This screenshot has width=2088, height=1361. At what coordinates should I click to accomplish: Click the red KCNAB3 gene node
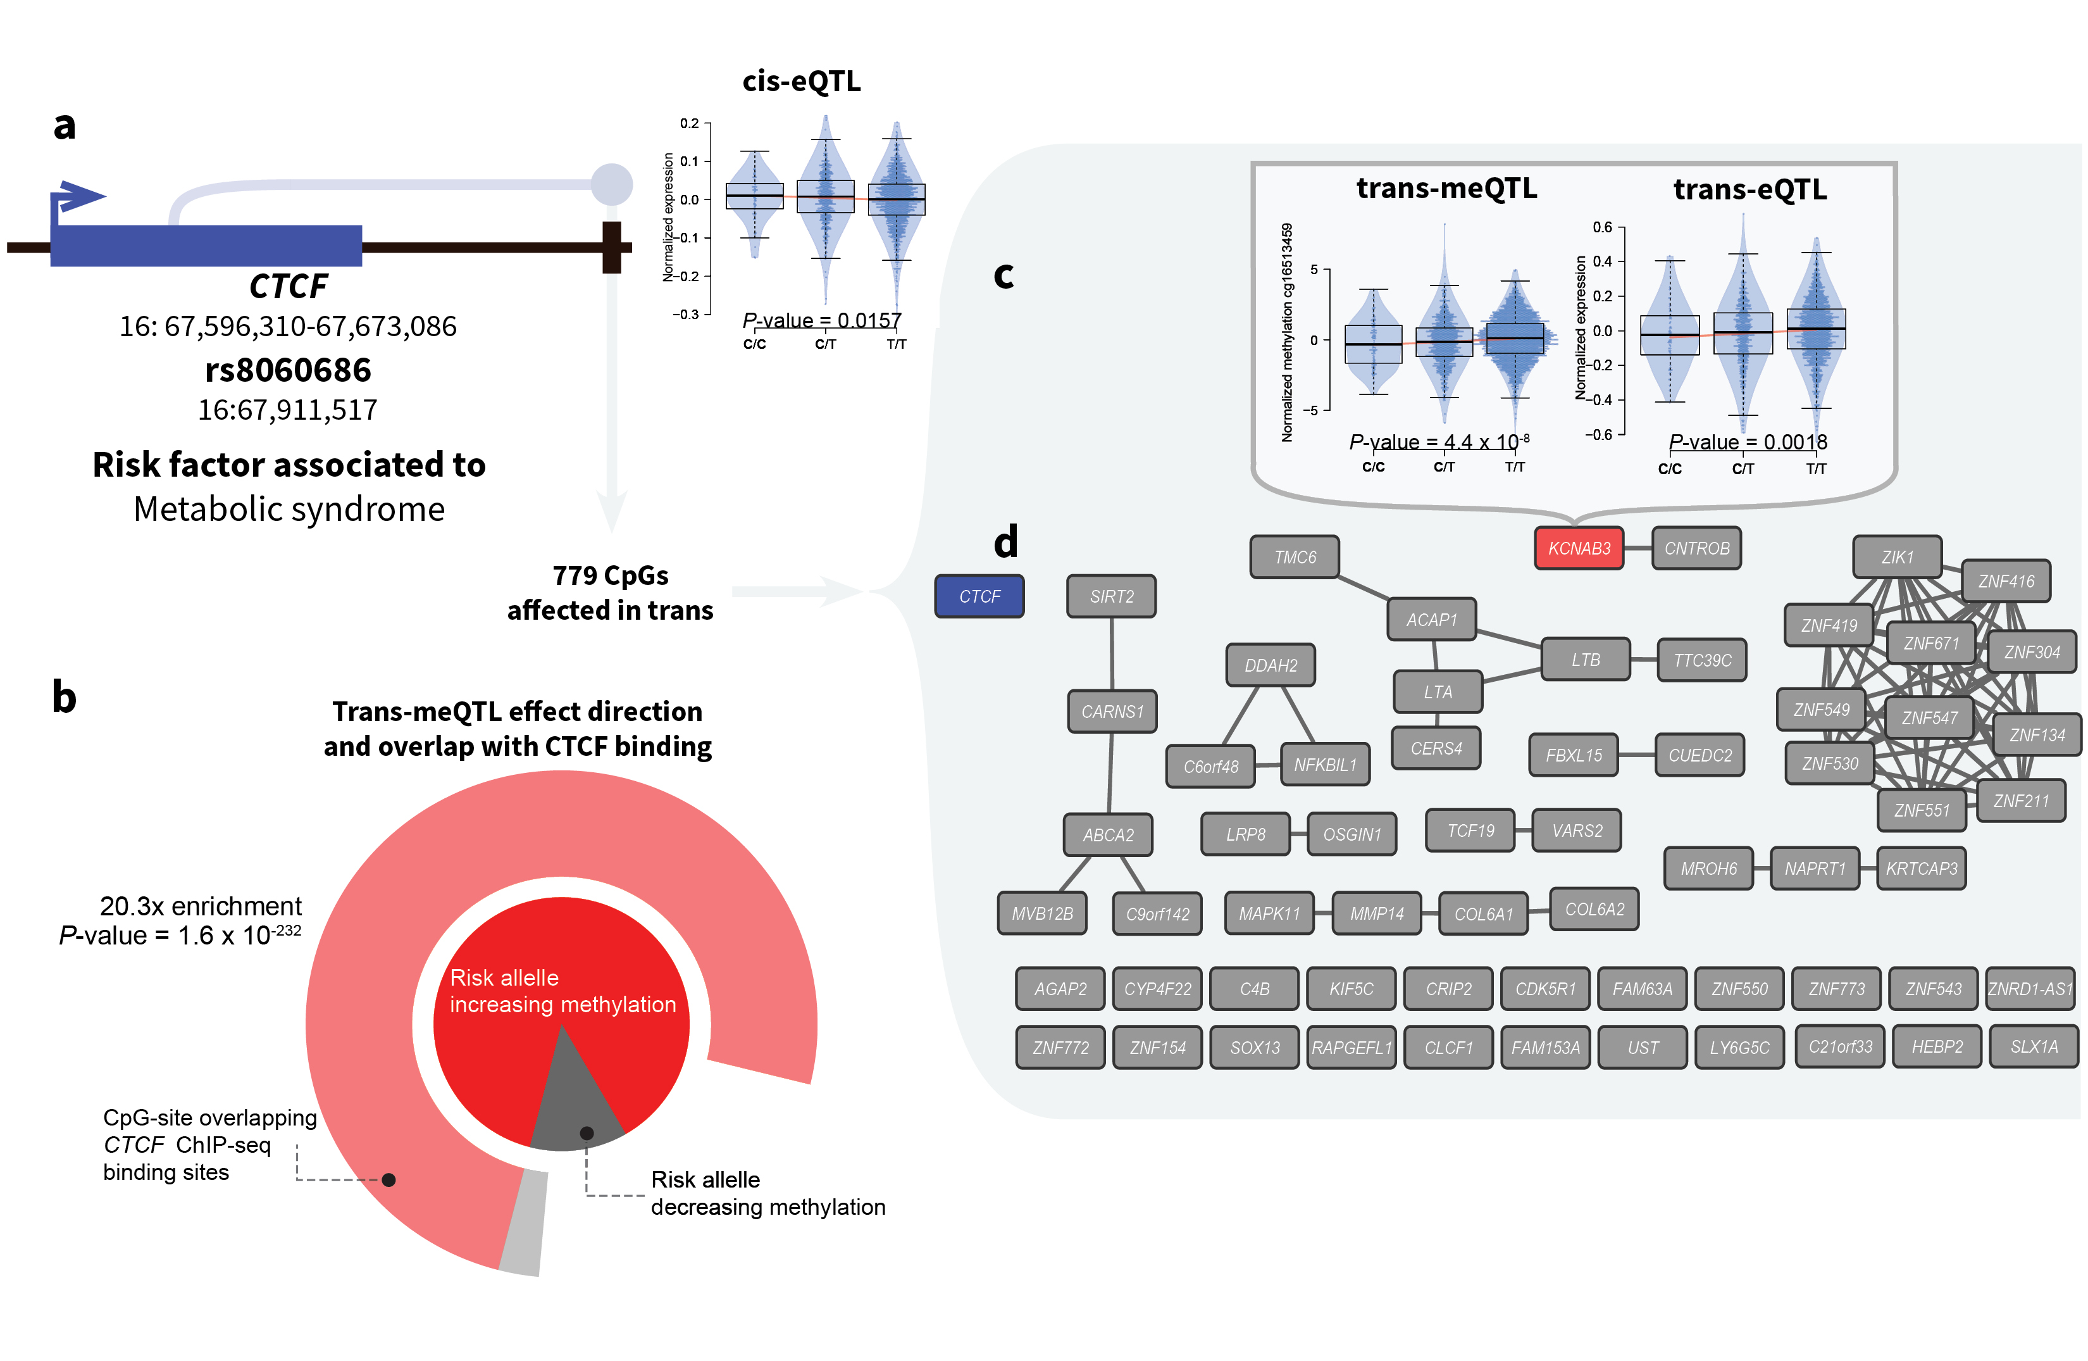click(1578, 548)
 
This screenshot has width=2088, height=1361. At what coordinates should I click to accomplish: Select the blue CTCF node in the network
click(979, 597)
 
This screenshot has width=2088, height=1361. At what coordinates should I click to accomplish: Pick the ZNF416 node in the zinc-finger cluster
click(2006, 581)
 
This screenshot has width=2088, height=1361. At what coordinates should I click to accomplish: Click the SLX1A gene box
click(2034, 1047)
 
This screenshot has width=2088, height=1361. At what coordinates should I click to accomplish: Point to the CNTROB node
click(1697, 548)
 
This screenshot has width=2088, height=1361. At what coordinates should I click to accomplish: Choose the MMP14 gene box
click(1377, 913)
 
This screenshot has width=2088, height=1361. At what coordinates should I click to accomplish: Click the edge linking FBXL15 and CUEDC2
click(1636, 755)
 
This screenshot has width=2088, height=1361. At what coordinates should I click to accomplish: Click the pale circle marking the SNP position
click(611, 184)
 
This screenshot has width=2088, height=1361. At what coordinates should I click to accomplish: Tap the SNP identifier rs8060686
click(288, 370)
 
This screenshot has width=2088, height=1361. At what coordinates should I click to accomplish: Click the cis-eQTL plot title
click(801, 81)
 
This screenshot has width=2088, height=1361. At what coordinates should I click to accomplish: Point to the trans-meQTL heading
click(1446, 188)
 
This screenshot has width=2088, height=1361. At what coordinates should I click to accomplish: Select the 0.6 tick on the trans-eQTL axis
click(1602, 227)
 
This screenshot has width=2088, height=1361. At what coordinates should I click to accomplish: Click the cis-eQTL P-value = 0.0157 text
click(821, 320)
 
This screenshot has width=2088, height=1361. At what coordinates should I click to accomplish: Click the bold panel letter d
click(1005, 543)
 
